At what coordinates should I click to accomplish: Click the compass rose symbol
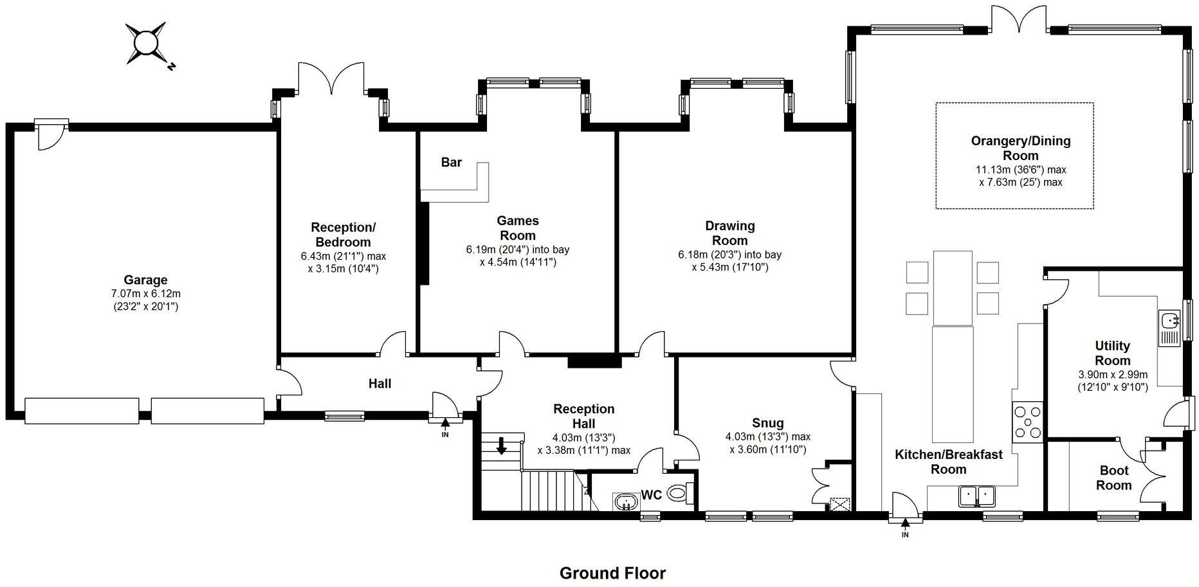point(146,44)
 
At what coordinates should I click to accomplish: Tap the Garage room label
point(145,280)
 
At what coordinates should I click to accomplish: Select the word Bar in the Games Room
point(451,163)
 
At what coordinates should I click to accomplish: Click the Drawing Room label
point(729,233)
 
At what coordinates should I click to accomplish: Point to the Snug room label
point(767,423)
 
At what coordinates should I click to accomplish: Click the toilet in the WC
point(678,493)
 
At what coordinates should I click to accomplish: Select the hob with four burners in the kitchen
point(1027,422)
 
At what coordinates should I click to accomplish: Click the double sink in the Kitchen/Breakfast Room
point(977,495)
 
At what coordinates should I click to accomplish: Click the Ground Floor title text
point(612,573)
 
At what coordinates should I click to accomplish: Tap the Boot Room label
point(1113,478)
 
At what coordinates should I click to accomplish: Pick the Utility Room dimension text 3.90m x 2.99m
point(1113,375)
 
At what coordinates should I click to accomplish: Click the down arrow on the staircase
point(501,445)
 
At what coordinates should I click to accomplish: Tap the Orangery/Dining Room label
point(1020,148)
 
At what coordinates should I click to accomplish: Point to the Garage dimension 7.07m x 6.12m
point(145,294)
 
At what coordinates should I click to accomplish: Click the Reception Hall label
point(583,416)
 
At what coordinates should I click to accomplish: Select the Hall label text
point(380,384)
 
